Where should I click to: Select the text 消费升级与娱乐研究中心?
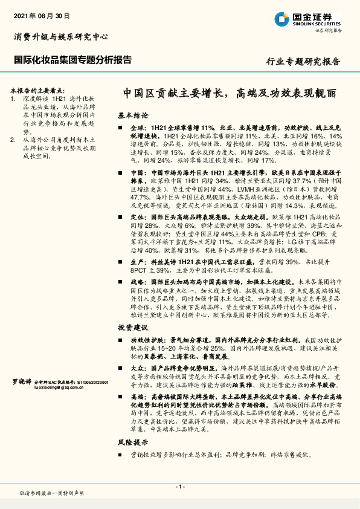click(x=61, y=36)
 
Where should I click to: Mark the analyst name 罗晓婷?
click(x=23, y=381)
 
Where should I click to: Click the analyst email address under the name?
click(x=59, y=388)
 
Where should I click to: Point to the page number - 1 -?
click(x=180, y=487)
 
